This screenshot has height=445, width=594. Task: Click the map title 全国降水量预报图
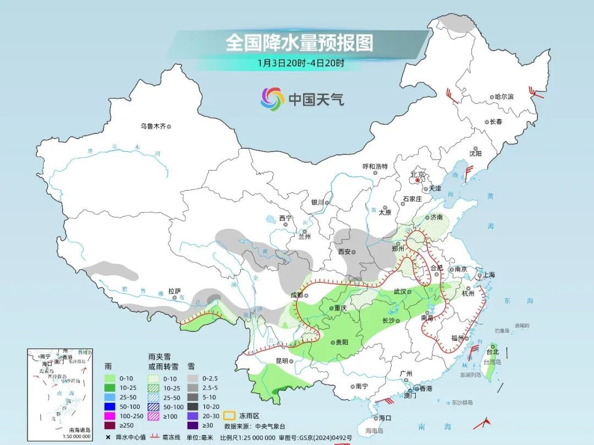pyautogui.click(x=299, y=42)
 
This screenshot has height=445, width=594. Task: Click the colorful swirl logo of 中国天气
pyautogui.click(x=272, y=99)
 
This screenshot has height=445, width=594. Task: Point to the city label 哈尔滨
pyautogui.click(x=504, y=97)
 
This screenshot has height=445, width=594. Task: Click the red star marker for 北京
pyautogui.click(x=418, y=180)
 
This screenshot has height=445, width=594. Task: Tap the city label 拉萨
pyautogui.click(x=174, y=291)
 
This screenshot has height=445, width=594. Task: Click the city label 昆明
pyautogui.click(x=282, y=361)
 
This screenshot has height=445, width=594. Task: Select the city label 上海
pyautogui.click(x=487, y=275)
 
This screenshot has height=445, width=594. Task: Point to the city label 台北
pyautogui.click(x=492, y=352)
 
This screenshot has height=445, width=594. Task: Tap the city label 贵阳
pyautogui.click(x=341, y=342)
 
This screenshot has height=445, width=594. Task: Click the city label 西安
pyautogui.click(x=344, y=252)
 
